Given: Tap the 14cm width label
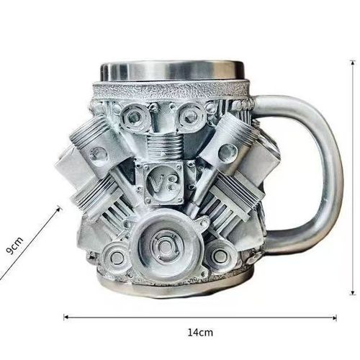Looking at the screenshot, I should tap(200, 333).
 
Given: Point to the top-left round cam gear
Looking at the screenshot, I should tap(135, 114).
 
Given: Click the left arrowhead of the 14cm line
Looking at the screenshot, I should tap(67, 316).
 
